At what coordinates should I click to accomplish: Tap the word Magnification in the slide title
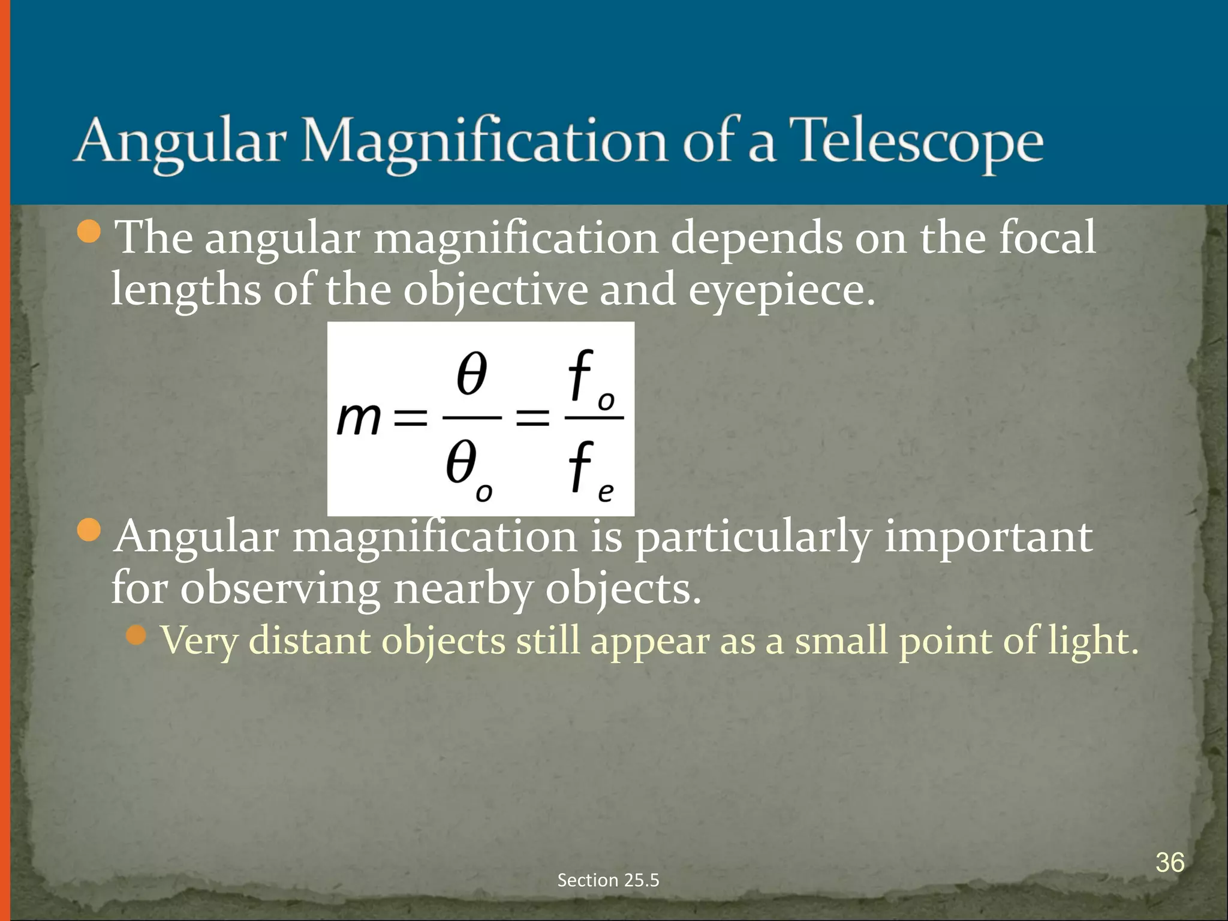point(483,144)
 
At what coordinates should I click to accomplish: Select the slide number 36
point(1170,862)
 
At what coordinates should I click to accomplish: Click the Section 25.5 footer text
point(608,880)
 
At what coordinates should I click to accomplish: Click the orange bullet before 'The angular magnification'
point(89,231)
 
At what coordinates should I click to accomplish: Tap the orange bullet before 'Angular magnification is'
point(89,530)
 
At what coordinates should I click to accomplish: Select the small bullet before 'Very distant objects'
point(137,634)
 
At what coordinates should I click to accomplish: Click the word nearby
point(462,589)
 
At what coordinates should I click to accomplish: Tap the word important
point(988,537)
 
